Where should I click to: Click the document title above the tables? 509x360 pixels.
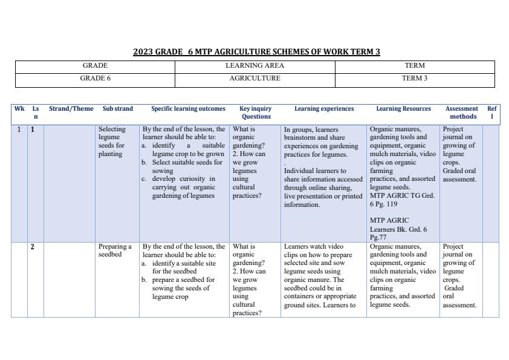pos(256,52)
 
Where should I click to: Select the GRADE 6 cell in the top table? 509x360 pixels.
pos(95,79)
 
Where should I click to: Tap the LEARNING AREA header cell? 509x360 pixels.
pos(254,66)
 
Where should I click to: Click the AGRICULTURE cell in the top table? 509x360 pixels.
pos(254,79)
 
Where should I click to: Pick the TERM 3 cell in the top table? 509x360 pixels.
pos(414,79)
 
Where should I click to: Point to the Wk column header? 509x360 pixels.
pos(19,110)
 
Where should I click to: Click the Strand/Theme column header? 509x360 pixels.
pos(71,110)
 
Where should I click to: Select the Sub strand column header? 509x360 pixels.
pos(118,110)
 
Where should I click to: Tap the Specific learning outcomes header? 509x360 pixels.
pos(188,110)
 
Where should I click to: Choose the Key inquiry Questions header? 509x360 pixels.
pos(256,113)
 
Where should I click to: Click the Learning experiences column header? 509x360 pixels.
pos(324,110)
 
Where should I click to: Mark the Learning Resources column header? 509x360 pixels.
pos(403,110)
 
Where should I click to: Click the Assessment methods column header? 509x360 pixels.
pos(461,113)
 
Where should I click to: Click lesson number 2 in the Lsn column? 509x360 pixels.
pos(33,247)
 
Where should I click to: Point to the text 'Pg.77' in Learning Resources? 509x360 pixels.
pos(378,238)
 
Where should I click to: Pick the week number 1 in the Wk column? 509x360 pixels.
pos(19,129)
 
